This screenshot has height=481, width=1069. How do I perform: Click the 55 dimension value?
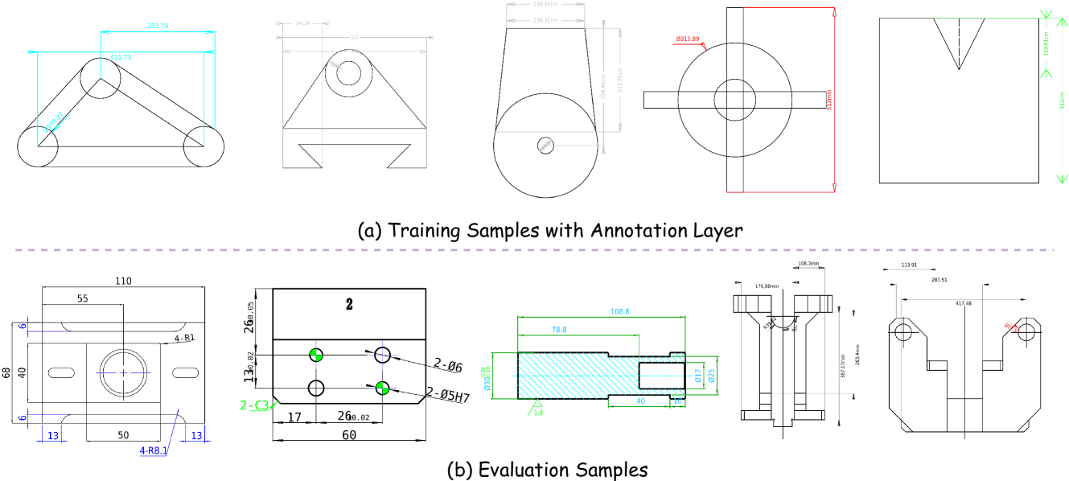pyautogui.click(x=83, y=298)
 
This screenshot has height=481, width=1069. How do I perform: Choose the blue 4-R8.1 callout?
pyautogui.click(x=154, y=450)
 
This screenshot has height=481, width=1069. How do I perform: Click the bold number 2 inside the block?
pyautogui.click(x=349, y=305)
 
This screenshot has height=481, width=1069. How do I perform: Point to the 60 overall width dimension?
pyautogui.click(x=349, y=435)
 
